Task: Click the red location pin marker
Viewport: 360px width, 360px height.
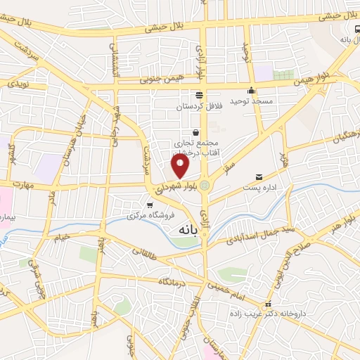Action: coord(181,166)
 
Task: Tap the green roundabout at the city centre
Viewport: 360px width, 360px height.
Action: coord(205,186)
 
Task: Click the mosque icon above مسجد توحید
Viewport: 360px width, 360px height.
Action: coord(251,90)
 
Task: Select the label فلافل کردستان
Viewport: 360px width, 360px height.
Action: coord(199,105)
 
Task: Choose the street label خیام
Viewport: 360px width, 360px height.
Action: coord(62,237)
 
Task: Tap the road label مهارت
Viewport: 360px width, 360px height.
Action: coord(32,188)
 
